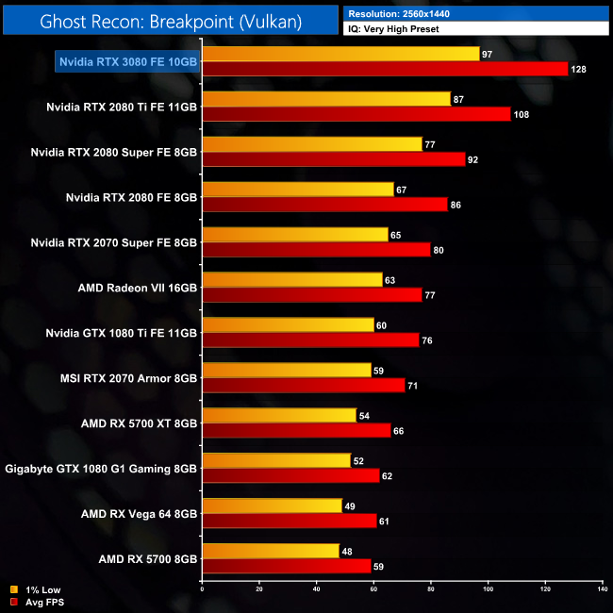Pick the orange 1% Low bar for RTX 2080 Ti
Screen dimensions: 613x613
tap(326, 99)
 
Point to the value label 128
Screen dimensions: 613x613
tap(580, 70)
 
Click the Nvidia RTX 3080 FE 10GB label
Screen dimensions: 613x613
tap(128, 61)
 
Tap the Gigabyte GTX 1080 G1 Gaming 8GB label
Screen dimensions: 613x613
tap(102, 469)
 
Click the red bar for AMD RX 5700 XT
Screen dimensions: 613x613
tap(296, 431)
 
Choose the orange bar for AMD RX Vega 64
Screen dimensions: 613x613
tap(272, 506)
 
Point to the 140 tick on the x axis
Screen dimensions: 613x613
tap(602, 589)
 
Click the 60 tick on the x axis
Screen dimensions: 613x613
tap(373, 589)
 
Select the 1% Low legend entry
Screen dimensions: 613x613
tap(37, 589)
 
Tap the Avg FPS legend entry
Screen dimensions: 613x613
tap(39, 601)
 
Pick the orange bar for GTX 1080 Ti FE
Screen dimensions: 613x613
tap(288, 325)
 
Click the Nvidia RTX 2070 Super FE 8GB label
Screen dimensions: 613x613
tap(114, 242)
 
